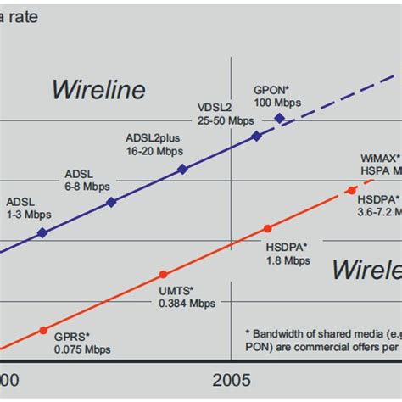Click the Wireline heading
click(98, 89)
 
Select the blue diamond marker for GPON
click(280, 119)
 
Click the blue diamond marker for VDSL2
click(257, 135)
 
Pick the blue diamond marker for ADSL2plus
click(181, 170)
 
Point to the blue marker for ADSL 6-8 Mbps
click(111, 202)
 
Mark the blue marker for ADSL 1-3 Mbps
click(42, 232)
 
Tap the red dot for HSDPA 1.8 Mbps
click(268, 228)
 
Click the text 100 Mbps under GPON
click(276, 103)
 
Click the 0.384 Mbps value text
click(187, 303)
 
